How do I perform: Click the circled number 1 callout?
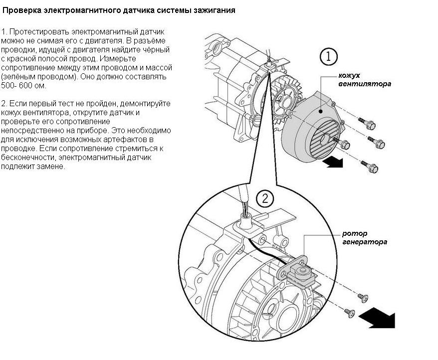328,57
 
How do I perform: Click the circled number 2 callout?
265,198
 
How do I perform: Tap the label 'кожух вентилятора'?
365,80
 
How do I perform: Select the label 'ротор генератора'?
365,238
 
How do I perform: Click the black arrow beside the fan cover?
333,162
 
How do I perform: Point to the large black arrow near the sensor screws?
377,320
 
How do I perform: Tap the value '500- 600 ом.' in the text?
24,85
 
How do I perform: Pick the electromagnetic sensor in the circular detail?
298,272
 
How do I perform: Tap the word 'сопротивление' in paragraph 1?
28,68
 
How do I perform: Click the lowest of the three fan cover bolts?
370,167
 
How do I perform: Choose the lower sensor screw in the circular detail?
349,313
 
